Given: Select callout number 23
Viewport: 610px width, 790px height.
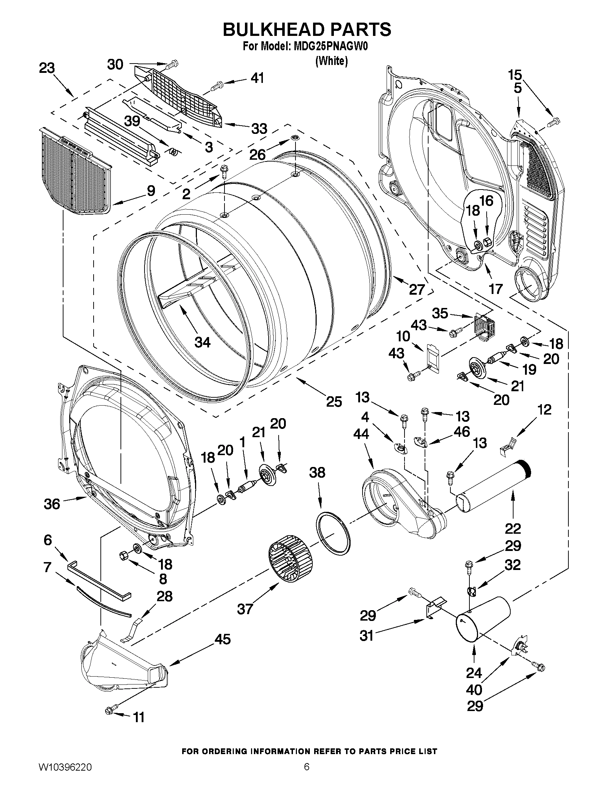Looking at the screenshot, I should point(47,68).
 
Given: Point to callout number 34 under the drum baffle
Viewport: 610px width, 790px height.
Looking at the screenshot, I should point(202,342).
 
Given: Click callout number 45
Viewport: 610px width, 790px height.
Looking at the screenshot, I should point(223,639).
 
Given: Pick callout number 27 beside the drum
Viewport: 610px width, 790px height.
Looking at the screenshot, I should point(416,289).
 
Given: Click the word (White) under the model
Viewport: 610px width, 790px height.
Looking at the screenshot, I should point(331,61).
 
